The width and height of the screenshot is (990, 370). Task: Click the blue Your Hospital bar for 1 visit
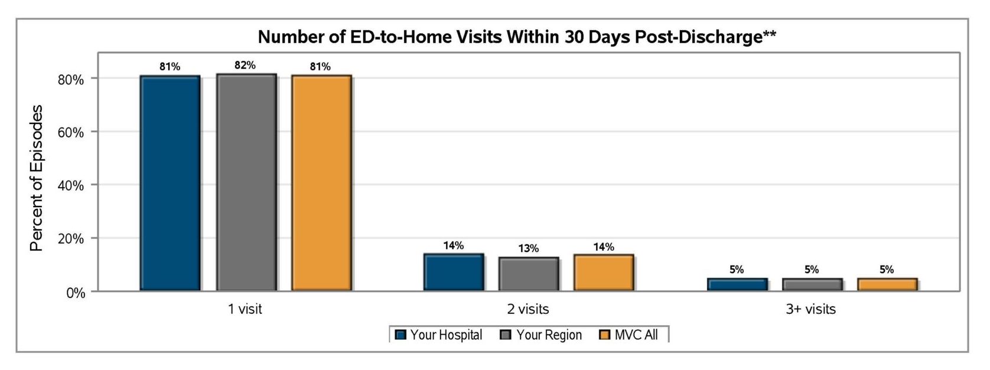[170, 183]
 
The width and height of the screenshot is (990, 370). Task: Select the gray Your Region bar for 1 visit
[246, 182]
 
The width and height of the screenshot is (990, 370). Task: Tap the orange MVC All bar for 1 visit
[321, 183]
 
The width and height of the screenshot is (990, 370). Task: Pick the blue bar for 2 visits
[454, 272]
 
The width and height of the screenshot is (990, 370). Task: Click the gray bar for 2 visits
[529, 274]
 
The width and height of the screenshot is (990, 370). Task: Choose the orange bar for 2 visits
[604, 273]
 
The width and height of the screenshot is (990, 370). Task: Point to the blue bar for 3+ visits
[737, 284]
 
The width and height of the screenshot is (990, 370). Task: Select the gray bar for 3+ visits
[812, 284]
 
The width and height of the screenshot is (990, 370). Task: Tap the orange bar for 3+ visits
[887, 284]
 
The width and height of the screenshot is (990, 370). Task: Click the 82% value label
[245, 66]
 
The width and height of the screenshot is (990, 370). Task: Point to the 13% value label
[529, 248]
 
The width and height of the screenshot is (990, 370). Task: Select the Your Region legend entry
[541, 335]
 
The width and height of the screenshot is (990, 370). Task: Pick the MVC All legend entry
[628, 335]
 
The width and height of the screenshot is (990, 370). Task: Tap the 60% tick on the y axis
[71, 132]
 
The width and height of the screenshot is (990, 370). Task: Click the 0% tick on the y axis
[76, 293]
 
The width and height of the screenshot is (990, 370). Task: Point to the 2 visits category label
[527, 309]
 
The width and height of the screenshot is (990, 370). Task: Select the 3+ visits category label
[810, 309]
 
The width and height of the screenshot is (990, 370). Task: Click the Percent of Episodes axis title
[36, 178]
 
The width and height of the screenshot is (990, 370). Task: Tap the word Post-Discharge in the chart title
[705, 37]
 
